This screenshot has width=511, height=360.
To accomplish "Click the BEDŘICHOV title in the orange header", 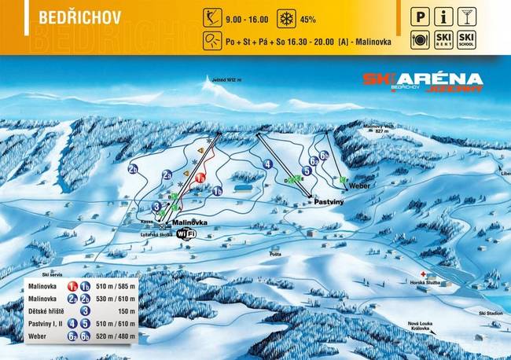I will pos(68,17).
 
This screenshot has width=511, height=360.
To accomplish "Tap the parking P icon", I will pos(421,16).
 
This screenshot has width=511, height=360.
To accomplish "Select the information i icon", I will pos(444,16).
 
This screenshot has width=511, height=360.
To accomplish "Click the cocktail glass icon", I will pos(468,16).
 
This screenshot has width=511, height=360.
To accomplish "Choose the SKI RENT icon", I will pos(444,39).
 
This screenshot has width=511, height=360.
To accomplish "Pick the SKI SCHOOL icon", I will pos(468,39).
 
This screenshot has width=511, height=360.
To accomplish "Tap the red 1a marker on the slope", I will pos(200,178).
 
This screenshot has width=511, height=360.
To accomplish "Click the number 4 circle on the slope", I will pos(268,164).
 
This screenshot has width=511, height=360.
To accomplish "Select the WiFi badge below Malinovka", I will pos(186,233).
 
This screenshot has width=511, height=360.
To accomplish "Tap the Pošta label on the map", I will pos(275,254).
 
